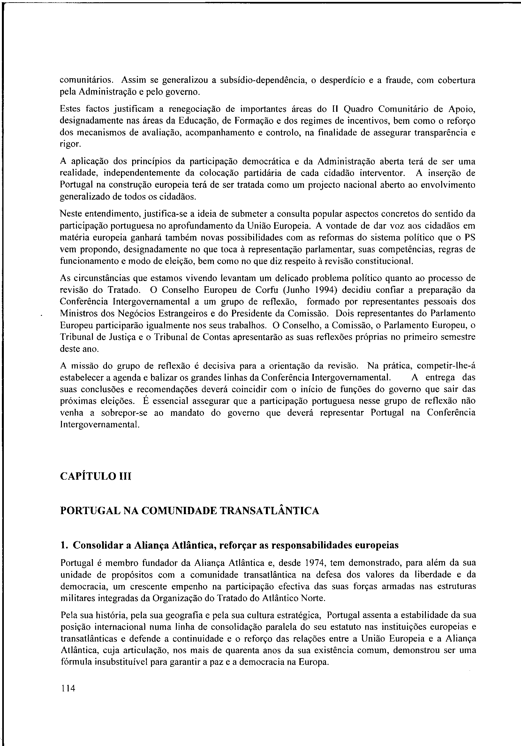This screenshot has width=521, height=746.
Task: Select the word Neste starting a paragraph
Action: pos(71,214)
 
